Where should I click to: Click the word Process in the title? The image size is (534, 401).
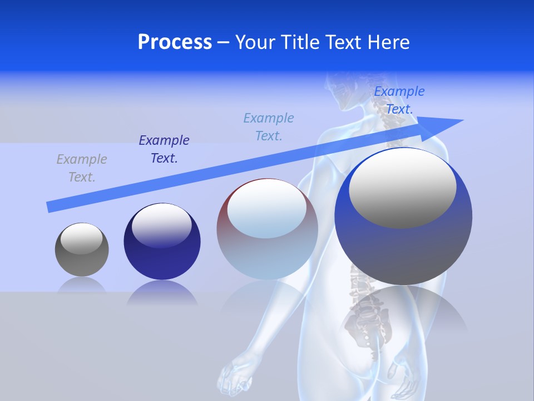coord(175,42)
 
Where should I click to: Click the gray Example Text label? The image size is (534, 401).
coord(82,168)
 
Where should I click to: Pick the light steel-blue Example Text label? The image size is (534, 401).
coord(269,127)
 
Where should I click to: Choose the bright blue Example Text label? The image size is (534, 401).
coord(399,100)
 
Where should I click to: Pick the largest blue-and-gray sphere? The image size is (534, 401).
coord(403,245)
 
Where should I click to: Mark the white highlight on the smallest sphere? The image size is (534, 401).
coord(81,238)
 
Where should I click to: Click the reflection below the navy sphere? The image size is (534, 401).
coord(162,293)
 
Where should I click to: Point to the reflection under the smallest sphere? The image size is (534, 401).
coord(82,285)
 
